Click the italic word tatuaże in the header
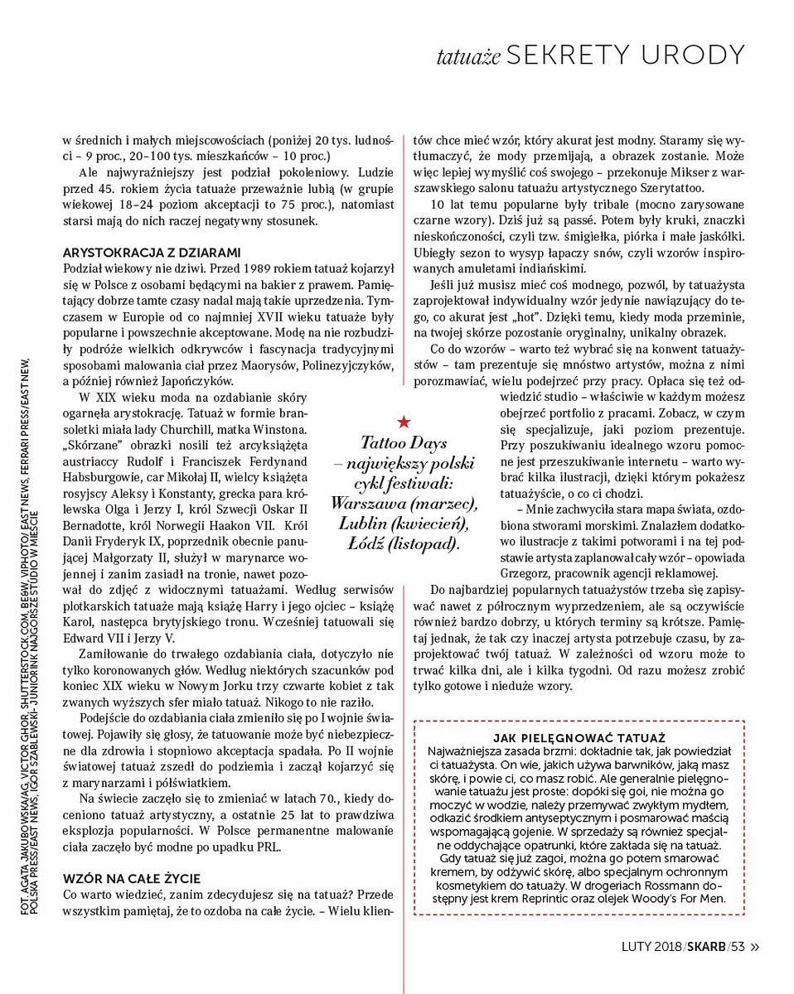(x=469, y=56)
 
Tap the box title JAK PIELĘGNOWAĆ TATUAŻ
(x=580, y=737)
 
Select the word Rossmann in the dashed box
(x=647, y=884)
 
